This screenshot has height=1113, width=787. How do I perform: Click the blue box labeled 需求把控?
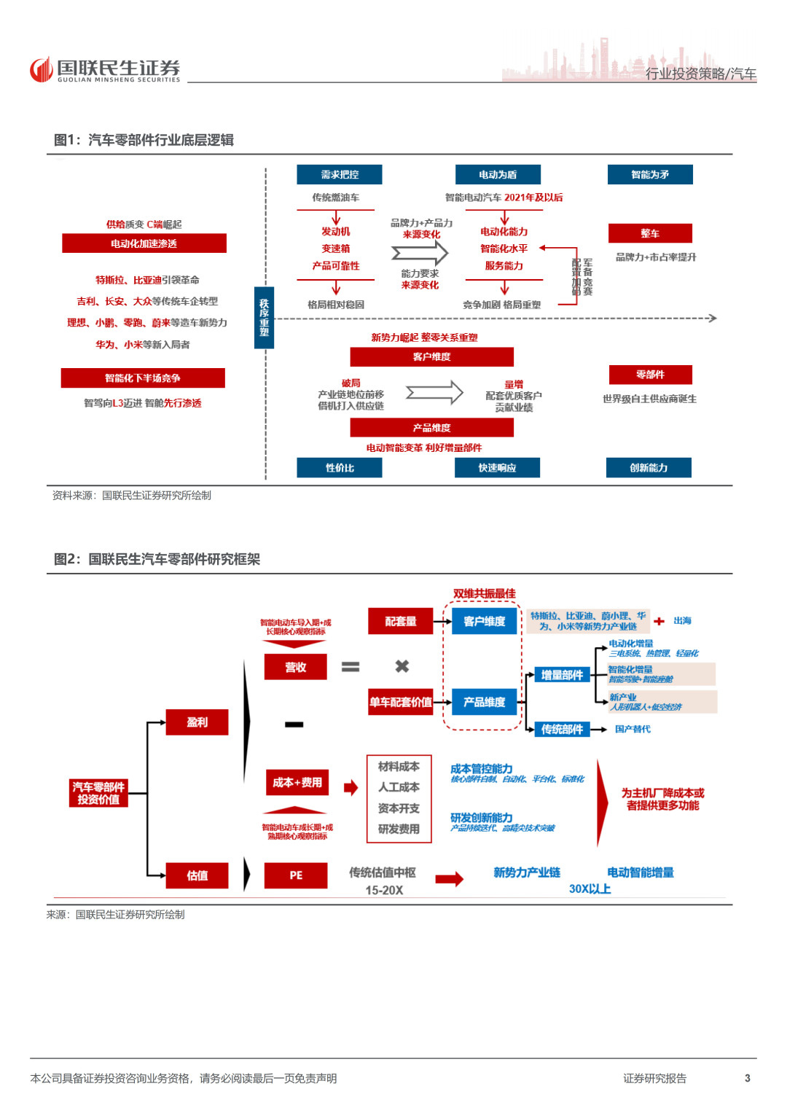coord(340,175)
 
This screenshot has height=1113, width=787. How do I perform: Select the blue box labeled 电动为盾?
coord(498,175)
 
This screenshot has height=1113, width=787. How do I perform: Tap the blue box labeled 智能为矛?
coord(650,175)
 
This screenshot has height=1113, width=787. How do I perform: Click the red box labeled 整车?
coord(650,233)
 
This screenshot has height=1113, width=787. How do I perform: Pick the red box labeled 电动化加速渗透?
coord(144,243)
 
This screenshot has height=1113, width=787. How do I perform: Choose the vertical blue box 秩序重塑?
coord(264,318)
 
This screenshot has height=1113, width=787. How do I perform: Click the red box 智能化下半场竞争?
coord(143,378)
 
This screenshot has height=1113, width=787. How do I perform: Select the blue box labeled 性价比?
coord(340,468)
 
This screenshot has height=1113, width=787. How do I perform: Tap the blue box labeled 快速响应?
coord(497,468)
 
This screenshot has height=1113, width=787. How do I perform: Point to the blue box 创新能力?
coord(649,468)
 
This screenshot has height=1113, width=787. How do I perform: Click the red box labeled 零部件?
coord(650,375)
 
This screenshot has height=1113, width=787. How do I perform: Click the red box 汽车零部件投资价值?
coord(99,793)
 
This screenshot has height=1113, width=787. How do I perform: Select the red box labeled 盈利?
coord(197,722)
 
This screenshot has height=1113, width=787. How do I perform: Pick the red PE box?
coord(296,875)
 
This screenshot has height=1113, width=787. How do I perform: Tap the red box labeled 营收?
coord(296,667)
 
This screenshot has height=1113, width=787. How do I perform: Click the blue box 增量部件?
coord(562,675)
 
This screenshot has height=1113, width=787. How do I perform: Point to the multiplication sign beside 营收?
coord(402,666)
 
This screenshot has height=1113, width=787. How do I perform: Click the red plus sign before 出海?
coord(659,621)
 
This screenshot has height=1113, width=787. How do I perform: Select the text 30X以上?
coord(590,889)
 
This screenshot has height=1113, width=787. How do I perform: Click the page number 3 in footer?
coord(747,1078)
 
